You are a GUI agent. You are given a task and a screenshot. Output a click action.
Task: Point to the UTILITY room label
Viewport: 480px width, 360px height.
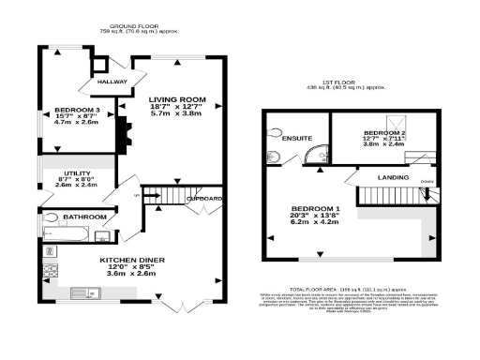point(76,173)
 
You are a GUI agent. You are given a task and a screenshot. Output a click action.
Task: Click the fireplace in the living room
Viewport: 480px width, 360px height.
point(119,137)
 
